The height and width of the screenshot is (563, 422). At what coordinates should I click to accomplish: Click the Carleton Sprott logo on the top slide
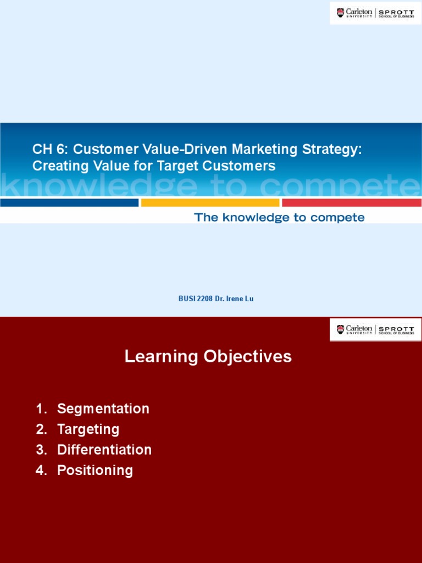point(375,13)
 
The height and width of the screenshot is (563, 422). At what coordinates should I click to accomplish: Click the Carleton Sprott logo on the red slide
point(375,329)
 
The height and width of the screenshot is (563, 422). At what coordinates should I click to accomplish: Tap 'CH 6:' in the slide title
point(51,149)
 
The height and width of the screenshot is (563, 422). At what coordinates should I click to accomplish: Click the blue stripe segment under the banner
point(69,202)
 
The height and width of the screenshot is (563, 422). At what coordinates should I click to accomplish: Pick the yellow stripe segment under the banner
point(210,202)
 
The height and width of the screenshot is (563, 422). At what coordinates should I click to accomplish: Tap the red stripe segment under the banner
point(352,202)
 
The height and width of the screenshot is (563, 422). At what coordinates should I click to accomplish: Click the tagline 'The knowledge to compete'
point(279,218)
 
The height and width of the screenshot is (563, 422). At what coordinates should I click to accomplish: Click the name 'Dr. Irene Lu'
point(231,299)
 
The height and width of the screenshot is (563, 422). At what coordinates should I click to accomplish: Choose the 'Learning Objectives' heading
point(208,357)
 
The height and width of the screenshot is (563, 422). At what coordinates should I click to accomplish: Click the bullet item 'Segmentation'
point(103,409)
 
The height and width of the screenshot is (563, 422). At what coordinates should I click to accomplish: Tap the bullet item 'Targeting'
point(88,429)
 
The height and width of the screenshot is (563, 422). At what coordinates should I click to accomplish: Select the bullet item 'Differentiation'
point(104,450)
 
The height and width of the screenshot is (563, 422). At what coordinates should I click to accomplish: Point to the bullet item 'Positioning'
point(95,470)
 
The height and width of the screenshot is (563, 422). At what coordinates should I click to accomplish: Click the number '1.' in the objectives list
point(41,409)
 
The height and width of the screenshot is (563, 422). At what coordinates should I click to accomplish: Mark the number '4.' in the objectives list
point(41,470)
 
